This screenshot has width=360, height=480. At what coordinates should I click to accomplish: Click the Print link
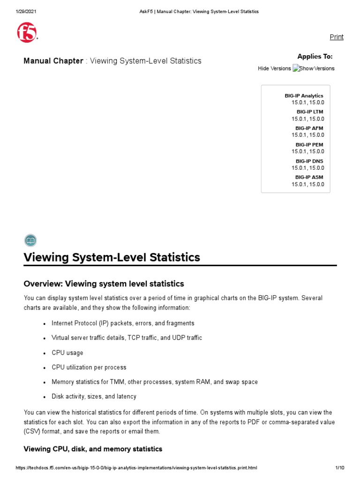tap(336, 37)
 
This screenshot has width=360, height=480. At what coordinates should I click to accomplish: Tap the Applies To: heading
tap(315, 57)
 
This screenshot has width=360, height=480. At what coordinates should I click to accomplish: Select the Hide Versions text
tap(274, 68)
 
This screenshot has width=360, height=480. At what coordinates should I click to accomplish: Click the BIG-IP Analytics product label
tap(304, 96)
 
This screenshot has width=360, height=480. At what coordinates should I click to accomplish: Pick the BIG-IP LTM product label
tap(309, 112)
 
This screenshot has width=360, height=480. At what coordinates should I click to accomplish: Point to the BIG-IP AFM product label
tap(309, 128)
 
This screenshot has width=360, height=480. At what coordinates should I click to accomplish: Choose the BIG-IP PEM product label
tap(309, 145)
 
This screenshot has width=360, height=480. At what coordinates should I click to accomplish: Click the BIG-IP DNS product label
tap(309, 161)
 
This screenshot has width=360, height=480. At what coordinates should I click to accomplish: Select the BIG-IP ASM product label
tap(309, 178)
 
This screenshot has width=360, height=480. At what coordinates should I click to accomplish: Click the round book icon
tap(30, 240)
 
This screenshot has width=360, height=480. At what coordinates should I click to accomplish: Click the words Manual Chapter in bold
tap(53, 61)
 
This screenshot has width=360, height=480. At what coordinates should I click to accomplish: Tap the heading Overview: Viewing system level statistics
tap(104, 284)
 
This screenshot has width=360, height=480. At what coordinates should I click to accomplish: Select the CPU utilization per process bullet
tap(89, 367)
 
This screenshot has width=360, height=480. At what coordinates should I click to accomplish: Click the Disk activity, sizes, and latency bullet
tap(94, 396)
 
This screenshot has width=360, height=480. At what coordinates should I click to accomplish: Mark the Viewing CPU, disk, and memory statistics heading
tap(93, 449)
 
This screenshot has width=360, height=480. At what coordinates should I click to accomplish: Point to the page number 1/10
tap(340, 468)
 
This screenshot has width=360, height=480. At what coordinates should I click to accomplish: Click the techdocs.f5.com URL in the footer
tap(136, 468)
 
